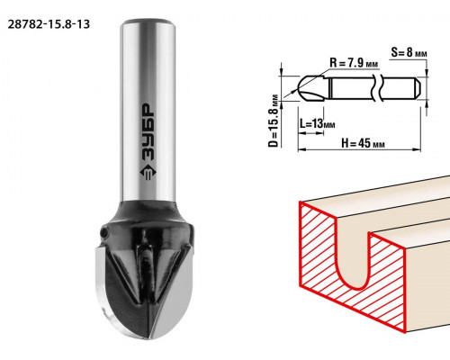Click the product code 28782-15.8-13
[x=49, y=24]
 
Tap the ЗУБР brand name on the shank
[x=148, y=132]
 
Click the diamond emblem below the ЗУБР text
[x=148, y=173]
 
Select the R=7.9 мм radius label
[x=354, y=63]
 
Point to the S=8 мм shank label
[x=409, y=52]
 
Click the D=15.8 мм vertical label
[x=274, y=121]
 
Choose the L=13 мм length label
[x=317, y=123]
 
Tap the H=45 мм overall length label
[x=363, y=143]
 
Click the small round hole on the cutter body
[x=103, y=232]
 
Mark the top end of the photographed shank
[x=148, y=22]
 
